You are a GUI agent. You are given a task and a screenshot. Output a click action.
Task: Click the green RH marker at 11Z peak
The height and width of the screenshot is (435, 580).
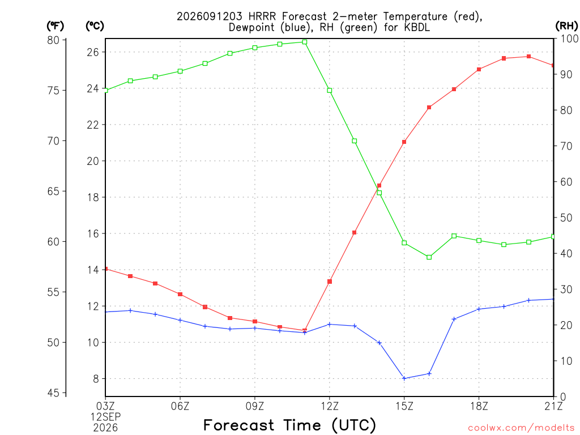click(x=304, y=42)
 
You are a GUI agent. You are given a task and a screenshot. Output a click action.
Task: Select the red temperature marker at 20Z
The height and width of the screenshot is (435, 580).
click(x=528, y=57)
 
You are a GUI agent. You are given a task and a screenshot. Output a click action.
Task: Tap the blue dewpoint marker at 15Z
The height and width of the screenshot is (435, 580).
click(x=404, y=378)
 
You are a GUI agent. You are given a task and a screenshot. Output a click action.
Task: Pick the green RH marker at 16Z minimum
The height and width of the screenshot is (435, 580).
click(x=429, y=257)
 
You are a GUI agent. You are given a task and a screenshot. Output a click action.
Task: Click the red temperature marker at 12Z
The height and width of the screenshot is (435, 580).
click(x=330, y=282)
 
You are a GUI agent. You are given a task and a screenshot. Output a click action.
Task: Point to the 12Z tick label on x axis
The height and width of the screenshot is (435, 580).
click(x=330, y=406)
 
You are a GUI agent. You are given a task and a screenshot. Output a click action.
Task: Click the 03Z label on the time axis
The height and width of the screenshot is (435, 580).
click(x=105, y=406)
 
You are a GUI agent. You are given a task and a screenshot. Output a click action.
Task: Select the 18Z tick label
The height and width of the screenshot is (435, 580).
click(x=479, y=406)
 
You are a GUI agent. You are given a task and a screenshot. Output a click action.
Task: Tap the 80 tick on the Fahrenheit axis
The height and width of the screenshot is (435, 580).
click(x=53, y=40)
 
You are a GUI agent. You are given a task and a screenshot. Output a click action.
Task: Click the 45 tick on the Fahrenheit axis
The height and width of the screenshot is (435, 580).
click(x=53, y=393)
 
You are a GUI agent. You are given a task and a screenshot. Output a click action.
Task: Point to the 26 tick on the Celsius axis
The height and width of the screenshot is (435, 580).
click(x=93, y=52)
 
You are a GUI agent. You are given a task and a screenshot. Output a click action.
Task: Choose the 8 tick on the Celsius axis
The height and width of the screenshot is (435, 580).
click(x=96, y=379)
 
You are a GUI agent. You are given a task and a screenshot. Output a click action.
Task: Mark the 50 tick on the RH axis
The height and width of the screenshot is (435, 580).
click(x=566, y=217)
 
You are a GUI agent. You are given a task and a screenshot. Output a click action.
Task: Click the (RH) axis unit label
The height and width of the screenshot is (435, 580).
click(x=566, y=25)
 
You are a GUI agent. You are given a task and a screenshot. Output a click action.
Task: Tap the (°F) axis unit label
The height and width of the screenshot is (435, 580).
click(x=55, y=26)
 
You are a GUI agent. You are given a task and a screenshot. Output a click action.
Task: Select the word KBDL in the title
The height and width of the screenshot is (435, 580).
click(x=417, y=27)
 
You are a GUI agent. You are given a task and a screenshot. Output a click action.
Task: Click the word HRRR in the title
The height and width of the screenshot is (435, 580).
click(x=262, y=16)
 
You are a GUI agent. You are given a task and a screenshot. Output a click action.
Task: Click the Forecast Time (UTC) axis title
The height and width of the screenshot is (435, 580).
click(x=289, y=425)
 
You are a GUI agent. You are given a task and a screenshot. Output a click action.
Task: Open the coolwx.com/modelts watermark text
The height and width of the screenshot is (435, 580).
click(x=521, y=428)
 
